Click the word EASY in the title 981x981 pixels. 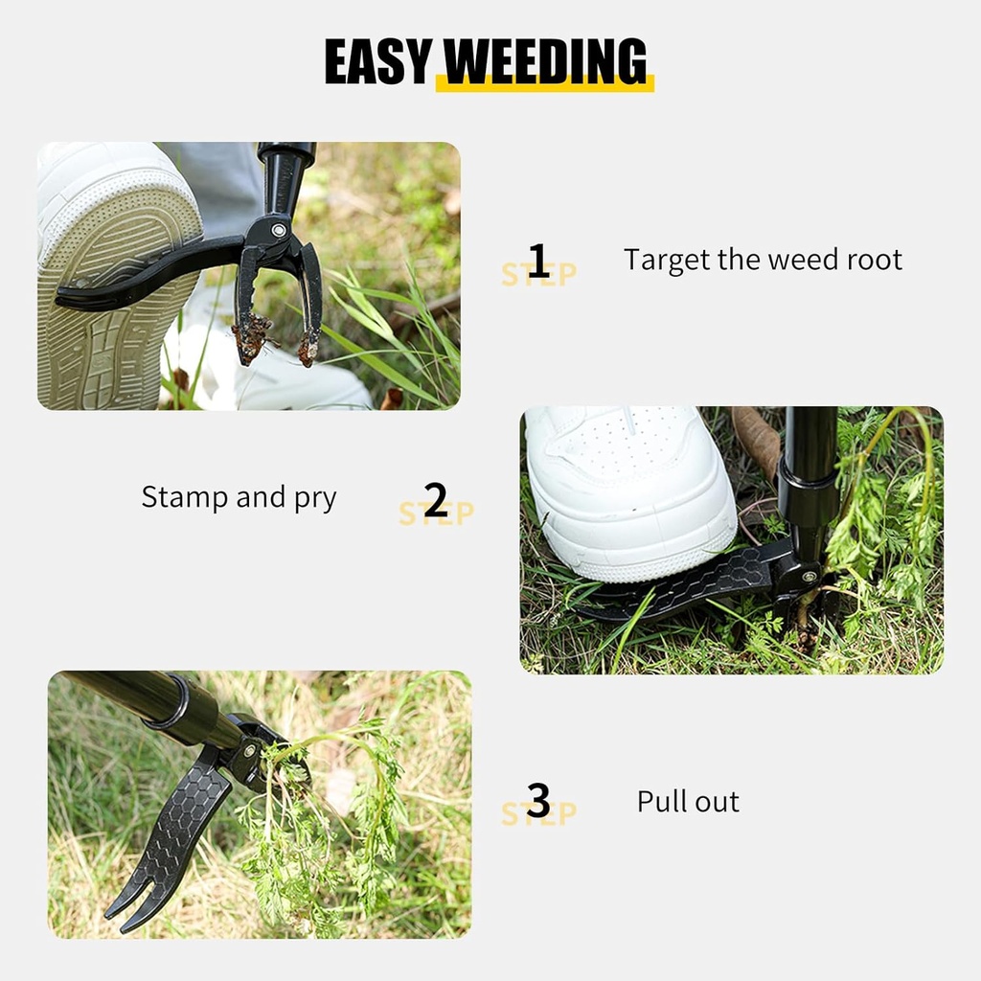coord(377,62)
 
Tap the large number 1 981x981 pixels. coord(538,261)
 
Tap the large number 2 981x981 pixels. coord(436,500)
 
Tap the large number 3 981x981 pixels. coord(538,801)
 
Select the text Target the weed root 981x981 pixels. coord(763,260)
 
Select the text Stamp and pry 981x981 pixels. coord(239,497)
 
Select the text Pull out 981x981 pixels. coord(688,801)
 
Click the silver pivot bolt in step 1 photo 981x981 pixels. coord(279,230)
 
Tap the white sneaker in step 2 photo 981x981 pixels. coord(627,489)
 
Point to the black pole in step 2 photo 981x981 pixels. coord(810,460)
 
